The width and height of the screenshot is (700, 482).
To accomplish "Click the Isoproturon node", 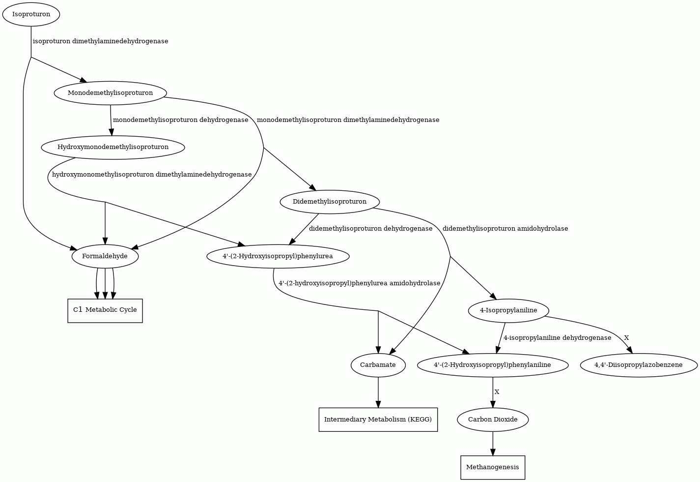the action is [31, 14].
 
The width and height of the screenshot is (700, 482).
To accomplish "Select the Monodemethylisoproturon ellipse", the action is [111, 93].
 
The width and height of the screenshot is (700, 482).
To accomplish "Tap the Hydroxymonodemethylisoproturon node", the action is [113, 148].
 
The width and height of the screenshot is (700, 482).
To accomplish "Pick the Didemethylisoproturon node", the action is [330, 202].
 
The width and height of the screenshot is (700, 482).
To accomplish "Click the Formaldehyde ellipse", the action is [105, 256].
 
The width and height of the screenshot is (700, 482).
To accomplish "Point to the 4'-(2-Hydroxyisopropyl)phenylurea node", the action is [278, 256].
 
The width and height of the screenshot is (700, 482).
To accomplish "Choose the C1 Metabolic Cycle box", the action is [105, 310].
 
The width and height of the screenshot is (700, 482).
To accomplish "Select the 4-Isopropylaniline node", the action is [508, 310].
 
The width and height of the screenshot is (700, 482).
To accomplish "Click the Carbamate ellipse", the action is [378, 365].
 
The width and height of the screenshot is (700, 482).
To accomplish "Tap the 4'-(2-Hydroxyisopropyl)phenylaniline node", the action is [493, 365].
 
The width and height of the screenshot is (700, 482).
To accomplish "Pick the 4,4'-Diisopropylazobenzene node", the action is [639, 365].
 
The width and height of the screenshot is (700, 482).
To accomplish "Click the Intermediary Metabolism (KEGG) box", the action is [378, 420].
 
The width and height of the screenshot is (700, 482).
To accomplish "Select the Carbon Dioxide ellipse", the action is [493, 420].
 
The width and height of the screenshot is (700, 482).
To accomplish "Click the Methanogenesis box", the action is [493, 468].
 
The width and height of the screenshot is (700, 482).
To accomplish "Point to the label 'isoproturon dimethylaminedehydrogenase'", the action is [101, 41].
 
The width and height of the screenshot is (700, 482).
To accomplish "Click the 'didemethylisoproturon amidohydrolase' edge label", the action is [505, 229].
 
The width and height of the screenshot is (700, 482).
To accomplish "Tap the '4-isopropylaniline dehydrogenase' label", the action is [558, 338].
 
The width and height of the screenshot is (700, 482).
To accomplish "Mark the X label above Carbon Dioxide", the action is [497, 392].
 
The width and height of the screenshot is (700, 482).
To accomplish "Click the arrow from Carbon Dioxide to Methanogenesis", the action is [493, 444].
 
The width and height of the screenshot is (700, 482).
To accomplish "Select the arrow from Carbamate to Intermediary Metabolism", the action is [378, 392].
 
